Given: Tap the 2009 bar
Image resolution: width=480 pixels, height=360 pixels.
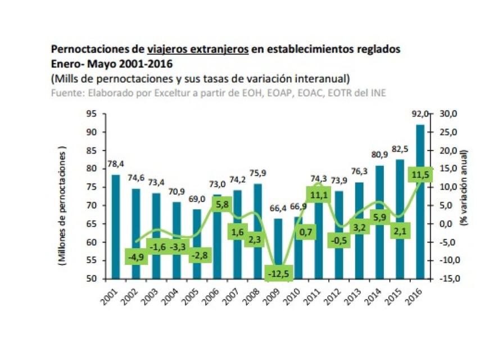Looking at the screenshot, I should click(x=278, y=242).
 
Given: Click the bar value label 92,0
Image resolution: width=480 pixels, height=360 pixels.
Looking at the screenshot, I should click(x=419, y=115).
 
